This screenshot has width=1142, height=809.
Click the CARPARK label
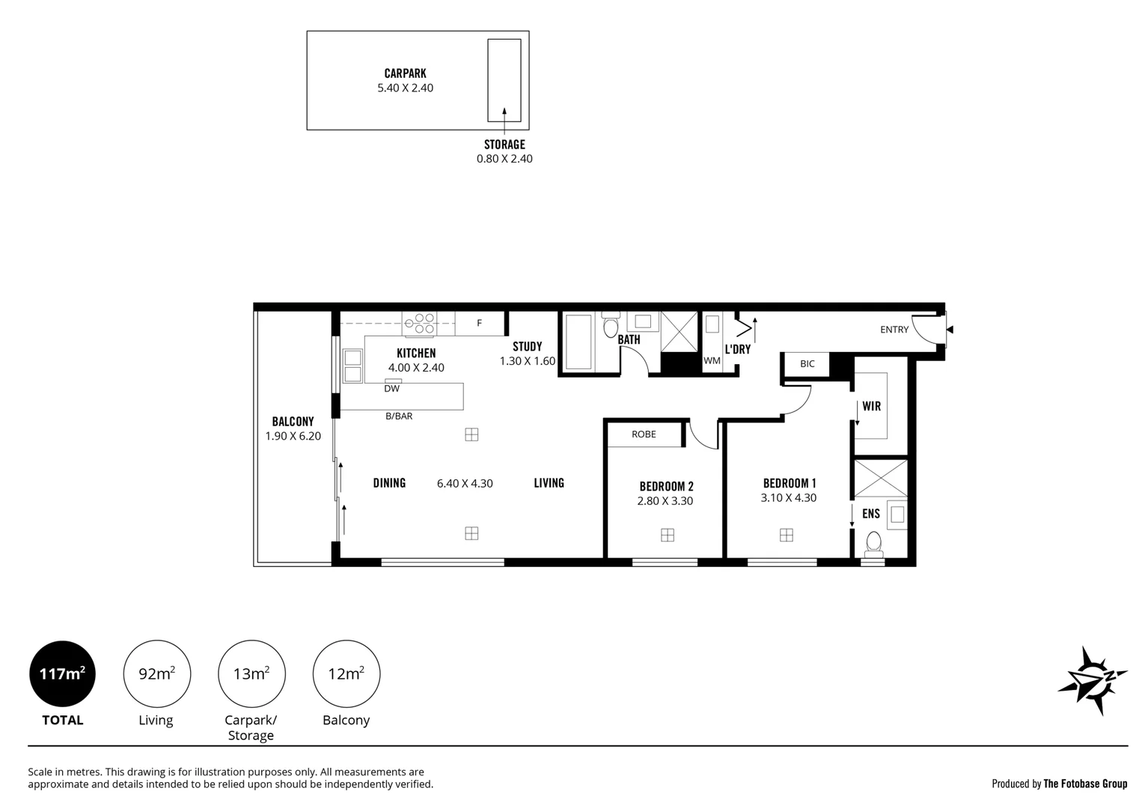[x=406, y=73]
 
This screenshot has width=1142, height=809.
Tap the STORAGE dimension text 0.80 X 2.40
[x=504, y=159]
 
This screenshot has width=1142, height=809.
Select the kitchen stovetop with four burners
[x=419, y=324]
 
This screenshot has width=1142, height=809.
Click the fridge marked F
[x=479, y=323]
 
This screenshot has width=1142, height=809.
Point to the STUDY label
[x=527, y=347]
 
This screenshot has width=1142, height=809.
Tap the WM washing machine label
[x=712, y=361]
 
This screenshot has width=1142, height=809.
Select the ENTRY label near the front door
[x=894, y=330]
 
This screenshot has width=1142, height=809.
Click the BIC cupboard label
[x=807, y=364]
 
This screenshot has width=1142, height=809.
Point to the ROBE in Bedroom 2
[x=644, y=434]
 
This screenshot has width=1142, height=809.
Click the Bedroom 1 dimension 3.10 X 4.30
[x=789, y=497]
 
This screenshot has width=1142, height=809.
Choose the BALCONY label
[x=293, y=422]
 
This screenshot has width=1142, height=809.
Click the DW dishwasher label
[x=391, y=389]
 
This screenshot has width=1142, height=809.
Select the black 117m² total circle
[x=63, y=673]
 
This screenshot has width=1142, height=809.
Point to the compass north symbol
[x=1093, y=680]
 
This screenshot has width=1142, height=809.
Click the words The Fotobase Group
[x=1085, y=784]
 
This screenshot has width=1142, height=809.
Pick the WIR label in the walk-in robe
[x=872, y=407]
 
